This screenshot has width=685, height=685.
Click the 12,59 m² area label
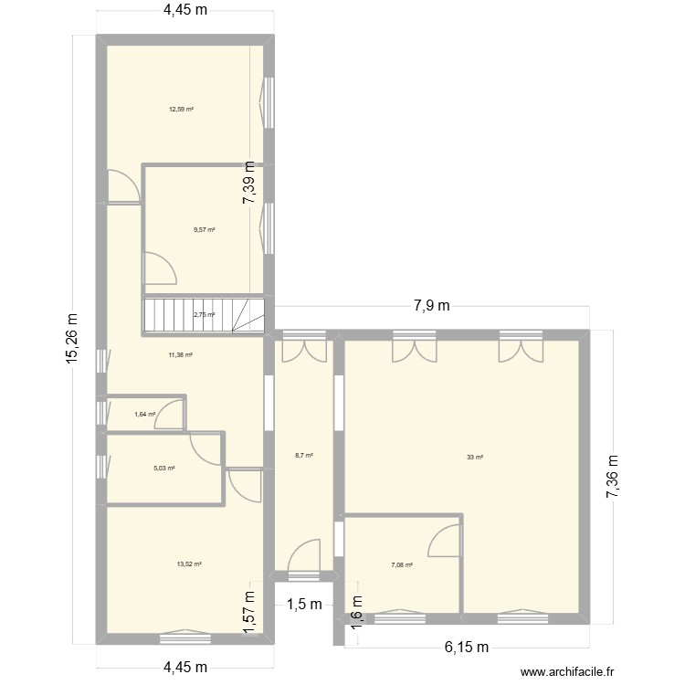click(180, 110)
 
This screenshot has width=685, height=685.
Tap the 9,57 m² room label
click(204, 229)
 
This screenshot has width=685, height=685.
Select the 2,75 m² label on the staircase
click(204, 315)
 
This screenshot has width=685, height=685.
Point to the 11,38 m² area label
click(180, 354)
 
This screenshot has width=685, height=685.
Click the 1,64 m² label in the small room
click(144, 415)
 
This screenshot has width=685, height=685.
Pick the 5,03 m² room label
click(163, 468)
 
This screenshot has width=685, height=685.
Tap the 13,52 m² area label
click(188, 564)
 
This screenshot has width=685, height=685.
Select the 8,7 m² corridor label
click(303, 455)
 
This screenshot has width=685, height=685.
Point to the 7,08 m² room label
click(402, 565)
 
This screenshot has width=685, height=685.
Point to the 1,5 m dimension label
click(303, 604)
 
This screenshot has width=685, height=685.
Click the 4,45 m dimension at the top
click(185, 12)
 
